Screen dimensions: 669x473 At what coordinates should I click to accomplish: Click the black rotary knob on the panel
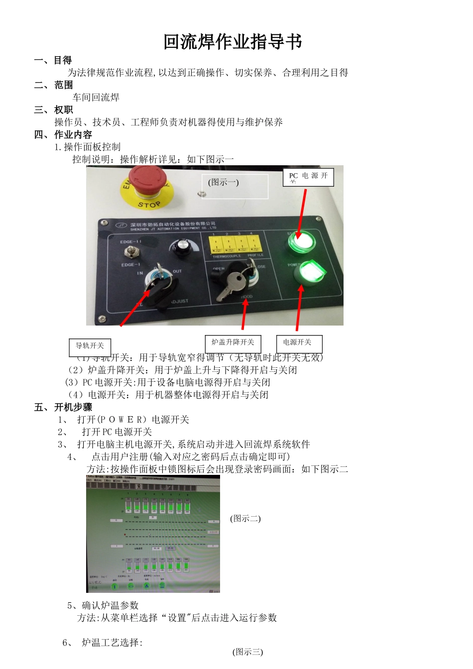[180, 247]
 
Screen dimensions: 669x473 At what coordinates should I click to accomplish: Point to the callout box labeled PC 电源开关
[308, 177]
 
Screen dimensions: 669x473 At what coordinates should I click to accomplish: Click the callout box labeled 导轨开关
[90, 346]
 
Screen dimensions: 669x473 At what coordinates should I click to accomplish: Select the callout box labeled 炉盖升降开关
[233, 343]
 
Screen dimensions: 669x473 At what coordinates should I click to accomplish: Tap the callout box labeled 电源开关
[299, 343]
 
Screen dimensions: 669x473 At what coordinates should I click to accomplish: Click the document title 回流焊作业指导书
[233, 42]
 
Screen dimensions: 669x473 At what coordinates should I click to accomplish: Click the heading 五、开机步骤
[63, 407]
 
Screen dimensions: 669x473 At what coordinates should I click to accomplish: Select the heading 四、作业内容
[63, 134]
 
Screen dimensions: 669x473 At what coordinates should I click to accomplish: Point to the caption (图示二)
[245, 518]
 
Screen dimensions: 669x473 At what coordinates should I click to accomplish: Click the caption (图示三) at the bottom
[247, 652]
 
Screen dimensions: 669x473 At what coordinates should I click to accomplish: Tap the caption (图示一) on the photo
[224, 182]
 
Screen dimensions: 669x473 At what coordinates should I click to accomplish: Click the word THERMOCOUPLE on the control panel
[227, 256]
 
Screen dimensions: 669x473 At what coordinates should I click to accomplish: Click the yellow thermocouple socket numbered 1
[216, 244]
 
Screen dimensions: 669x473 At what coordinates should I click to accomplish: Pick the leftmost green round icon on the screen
[115, 586]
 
